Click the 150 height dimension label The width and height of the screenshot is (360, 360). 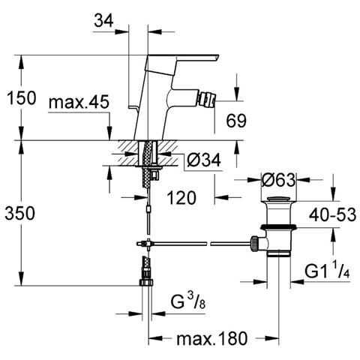pyautogui.click(x=22, y=97)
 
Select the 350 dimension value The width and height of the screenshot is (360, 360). pyautogui.click(x=20, y=214)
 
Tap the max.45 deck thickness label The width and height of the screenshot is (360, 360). pyautogui.click(x=79, y=102)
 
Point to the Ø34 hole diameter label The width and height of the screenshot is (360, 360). pyautogui.click(x=204, y=160)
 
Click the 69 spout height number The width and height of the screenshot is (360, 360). pyautogui.click(x=236, y=121)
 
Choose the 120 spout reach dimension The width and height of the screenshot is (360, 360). pyautogui.click(x=181, y=197)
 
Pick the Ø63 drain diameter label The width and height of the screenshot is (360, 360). pyautogui.click(x=278, y=179)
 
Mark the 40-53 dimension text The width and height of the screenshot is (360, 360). pyautogui.click(x=332, y=214)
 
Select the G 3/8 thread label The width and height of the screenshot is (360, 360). pyautogui.click(x=188, y=301)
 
